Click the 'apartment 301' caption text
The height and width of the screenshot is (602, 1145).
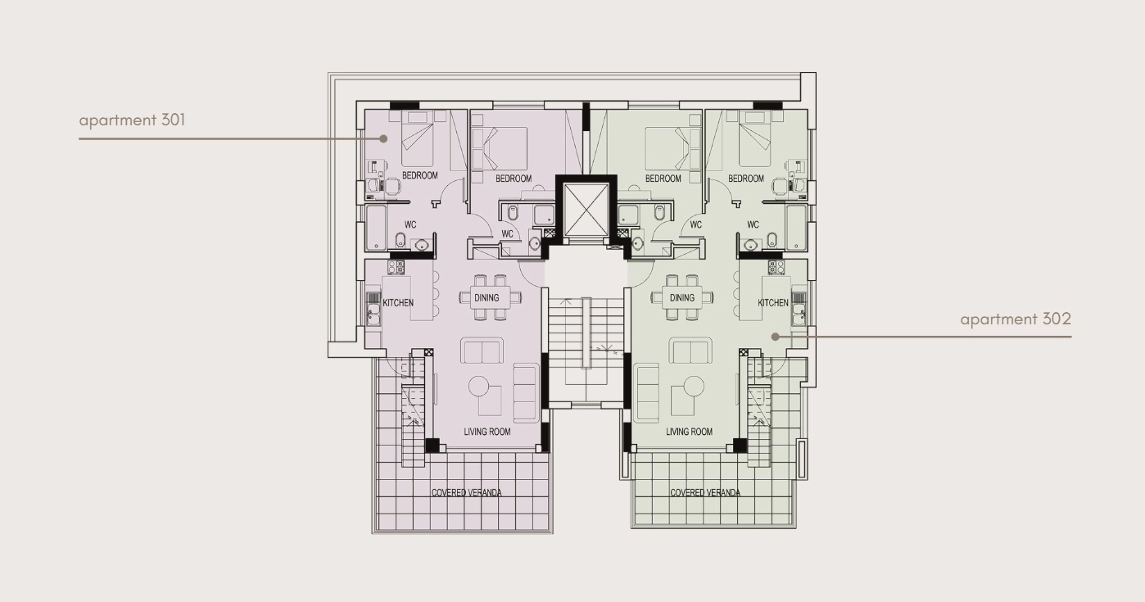pyautogui.click(x=132, y=120)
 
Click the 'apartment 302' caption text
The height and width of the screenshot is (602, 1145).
pyautogui.click(x=1016, y=319)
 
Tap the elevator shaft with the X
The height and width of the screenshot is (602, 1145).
pyautogui.click(x=586, y=210)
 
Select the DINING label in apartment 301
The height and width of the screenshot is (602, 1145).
pyautogui.click(x=487, y=297)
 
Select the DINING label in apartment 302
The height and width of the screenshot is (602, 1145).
pyautogui.click(x=682, y=297)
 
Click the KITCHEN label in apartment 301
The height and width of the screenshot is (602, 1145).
pyautogui.click(x=398, y=302)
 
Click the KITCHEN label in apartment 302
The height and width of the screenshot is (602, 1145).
pyautogui.click(x=773, y=302)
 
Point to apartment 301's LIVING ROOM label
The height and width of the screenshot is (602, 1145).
pyautogui.click(x=487, y=432)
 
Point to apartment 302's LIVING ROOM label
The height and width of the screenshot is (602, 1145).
pyautogui.click(x=689, y=432)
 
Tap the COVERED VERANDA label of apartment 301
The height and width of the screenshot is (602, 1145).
pyautogui.click(x=466, y=492)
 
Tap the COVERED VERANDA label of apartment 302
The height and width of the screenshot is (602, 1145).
pyautogui.click(x=705, y=492)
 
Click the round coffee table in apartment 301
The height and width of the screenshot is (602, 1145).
pyautogui.click(x=479, y=387)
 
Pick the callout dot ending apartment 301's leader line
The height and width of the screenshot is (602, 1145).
pyautogui.click(x=383, y=138)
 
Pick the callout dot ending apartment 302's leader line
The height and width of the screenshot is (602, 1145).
pyautogui.click(x=776, y=337)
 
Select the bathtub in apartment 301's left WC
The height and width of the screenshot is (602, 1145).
pyautogui.click(x=376, y=228)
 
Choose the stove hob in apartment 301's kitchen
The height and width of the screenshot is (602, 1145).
pyautogui.click(x=396, y=267)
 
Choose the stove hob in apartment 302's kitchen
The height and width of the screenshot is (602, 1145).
pyautogui.click(x=776, y=267)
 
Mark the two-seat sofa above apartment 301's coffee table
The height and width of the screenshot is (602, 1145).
pyautogui.click(x=482, y=351)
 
